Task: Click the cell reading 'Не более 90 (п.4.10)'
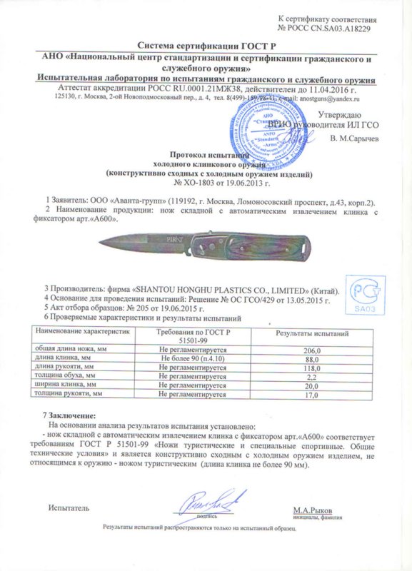coord(191,360)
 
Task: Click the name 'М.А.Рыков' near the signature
coord(311,510)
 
